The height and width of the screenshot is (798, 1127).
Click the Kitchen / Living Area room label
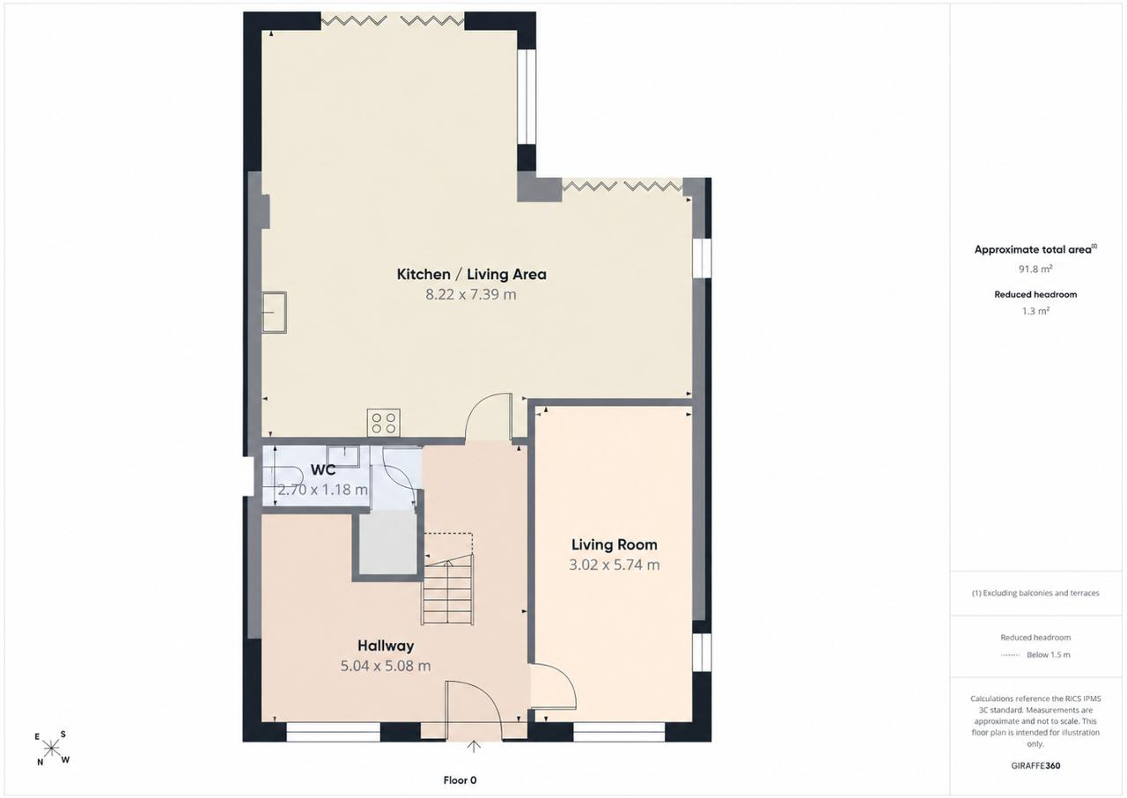click(x=471, y=274)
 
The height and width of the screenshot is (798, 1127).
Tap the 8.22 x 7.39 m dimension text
click(x=471, y=294)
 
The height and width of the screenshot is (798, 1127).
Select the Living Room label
click(x=615, y=544)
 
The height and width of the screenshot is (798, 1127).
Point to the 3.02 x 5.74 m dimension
click(x=615, y=565)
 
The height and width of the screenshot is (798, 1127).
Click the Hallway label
click(x=386, y=646)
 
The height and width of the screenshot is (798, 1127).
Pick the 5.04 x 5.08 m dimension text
click(x=386, y=666)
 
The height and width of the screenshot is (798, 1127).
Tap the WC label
click(x=323, y=470)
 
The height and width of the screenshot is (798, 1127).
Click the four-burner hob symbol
click(x=383, y=423)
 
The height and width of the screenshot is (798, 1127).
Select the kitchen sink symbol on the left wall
click(x=274, y=313)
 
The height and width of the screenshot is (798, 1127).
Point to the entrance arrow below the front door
click(x=473, y=746)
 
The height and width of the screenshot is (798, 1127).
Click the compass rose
click(x=51, y=749)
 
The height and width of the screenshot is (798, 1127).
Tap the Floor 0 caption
click(x=460, y=780)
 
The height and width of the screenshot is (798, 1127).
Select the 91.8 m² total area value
click(x=1035, y=270)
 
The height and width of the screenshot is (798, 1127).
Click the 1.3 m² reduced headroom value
click(x=1035, y=311)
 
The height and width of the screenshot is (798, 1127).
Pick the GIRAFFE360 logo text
click(x=1035, y=765)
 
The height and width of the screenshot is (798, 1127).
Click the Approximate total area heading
click(x=1035, y=249)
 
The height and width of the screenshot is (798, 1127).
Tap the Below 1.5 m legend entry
click(x=1049, y=654)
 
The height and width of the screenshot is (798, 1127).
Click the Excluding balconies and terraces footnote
click(x=1035, y=593)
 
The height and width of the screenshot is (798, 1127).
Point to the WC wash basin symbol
click(x=343, y=455)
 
